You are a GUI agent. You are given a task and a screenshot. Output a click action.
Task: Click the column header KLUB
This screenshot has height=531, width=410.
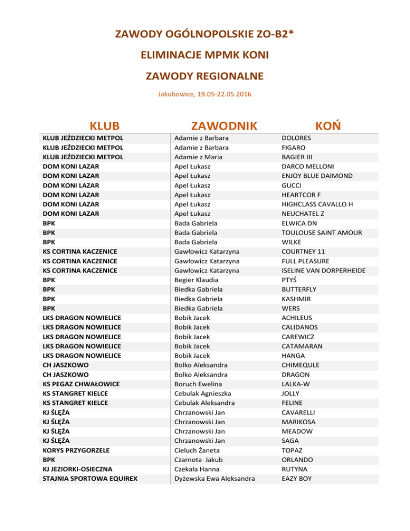click(x=104, y=127)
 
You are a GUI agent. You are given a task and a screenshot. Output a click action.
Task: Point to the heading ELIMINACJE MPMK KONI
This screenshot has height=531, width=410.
click(x=205, y=54)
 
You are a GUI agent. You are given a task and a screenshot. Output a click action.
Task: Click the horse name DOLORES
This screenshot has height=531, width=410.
click(x=296, y=138)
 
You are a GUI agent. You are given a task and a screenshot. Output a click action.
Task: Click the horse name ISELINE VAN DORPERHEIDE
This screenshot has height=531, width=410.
click(x=324, y=270)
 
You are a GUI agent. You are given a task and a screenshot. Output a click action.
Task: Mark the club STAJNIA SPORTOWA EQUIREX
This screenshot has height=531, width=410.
click(x=90, y=479)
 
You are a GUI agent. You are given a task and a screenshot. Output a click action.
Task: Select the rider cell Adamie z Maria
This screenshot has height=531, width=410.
click(x=199, y=157)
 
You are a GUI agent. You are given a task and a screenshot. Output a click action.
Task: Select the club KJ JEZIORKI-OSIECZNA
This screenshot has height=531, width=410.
click(x=77, y=469)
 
